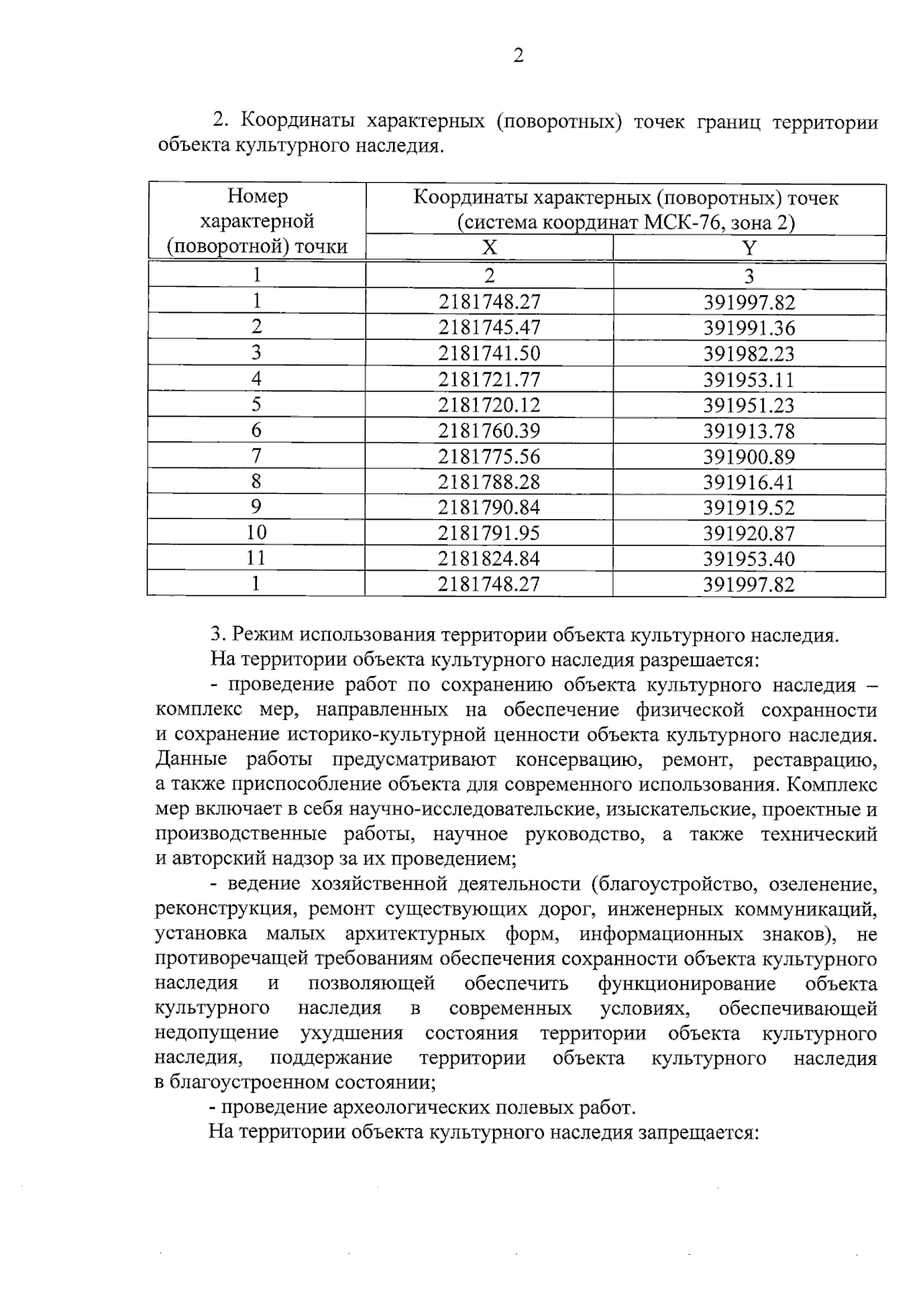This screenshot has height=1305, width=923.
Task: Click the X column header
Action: tap(489, 247)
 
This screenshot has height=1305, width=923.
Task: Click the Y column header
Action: tap(748, 247)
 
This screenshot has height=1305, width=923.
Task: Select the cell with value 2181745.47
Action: tap(489, 328)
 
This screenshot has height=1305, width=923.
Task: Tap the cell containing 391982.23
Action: tap(748, 354)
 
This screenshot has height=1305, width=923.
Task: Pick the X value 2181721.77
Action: tap(489, 379)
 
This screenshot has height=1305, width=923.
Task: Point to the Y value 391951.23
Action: tap(748, 405)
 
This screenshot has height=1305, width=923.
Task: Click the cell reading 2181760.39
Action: tap(489, 431)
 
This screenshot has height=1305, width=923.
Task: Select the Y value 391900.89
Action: tap(748, 457)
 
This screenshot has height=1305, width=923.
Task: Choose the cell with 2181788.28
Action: tap(489, 482)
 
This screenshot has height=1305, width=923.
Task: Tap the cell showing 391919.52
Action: tap(748, 508)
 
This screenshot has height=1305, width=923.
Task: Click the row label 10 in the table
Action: tap(256, 533)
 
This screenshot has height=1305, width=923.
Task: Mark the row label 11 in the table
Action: tap(256, 558)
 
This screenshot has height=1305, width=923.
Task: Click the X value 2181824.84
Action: tap(489, 558)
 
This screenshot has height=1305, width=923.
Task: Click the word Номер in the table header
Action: tap(257, 197)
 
